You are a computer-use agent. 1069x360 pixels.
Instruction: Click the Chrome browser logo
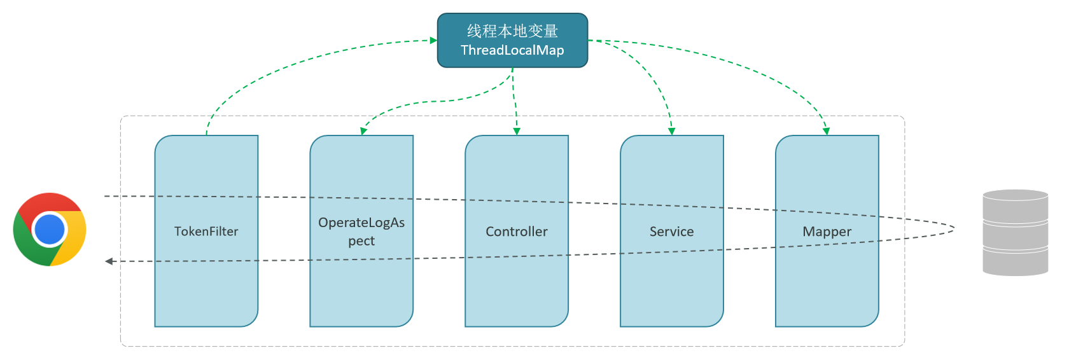coord(50,230)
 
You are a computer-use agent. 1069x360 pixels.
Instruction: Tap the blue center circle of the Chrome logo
coord(50,230)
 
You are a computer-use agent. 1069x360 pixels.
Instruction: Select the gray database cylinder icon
coord(1015,233)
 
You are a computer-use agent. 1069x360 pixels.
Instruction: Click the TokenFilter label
coord(206,232)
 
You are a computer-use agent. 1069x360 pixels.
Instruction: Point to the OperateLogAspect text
coord(361,232)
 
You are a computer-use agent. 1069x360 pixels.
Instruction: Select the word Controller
coord(517,232)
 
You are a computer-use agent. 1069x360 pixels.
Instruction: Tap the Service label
coord(671,232)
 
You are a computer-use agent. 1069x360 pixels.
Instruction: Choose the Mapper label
coord(827,232)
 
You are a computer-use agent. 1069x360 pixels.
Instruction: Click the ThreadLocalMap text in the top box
coord(512,50)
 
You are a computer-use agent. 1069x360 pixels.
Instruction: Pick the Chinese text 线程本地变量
coord(513,31)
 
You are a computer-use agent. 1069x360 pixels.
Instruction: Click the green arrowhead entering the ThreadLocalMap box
coord(434,41)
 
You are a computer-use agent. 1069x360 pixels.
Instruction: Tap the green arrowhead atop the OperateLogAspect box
coord(364,131)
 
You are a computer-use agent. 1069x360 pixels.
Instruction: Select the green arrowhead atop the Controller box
coord(517,132)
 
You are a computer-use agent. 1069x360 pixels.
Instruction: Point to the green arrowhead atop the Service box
coord(671,132)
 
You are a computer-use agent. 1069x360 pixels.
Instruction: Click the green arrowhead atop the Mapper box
coord(826,132)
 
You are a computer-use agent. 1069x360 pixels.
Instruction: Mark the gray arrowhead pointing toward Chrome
coord(109,261)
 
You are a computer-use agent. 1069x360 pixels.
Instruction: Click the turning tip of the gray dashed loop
coord(954,230)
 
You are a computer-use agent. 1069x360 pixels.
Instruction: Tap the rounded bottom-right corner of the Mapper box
coord(873,321)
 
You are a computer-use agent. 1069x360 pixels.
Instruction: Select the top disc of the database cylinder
coord(1015,195)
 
